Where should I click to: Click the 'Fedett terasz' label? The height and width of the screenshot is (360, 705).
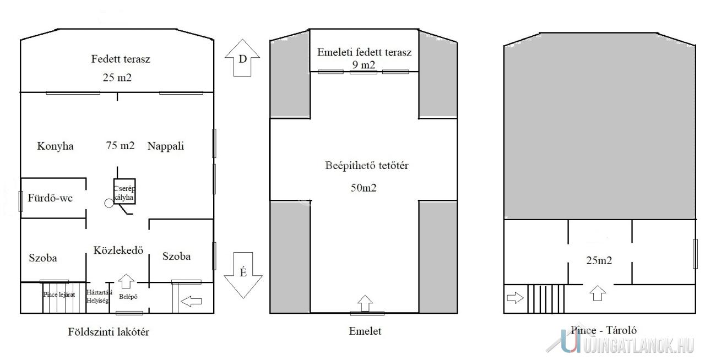click(121, 59)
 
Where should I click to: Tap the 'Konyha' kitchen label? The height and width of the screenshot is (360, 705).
click(55, 146)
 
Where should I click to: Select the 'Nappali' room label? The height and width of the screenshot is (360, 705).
click(165, 146)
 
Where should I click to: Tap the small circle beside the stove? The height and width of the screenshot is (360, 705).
click(109, 203)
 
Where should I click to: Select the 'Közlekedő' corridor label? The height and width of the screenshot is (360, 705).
click(118, 249)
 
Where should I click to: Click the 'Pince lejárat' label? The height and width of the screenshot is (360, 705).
click(59, 294)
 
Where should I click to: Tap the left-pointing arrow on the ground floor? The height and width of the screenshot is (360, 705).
click(191, 301)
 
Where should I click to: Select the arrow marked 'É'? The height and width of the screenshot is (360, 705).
click(242, 274)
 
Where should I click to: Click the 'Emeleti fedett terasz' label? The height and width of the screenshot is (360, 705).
click(364, 53)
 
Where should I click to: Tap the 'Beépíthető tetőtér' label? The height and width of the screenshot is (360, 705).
click(366, 165)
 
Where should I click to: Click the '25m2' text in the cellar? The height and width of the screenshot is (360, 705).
click(599, 260)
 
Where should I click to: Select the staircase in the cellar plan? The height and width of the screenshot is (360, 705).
click(546, 298)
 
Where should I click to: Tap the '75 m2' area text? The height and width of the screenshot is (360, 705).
click(120, 146)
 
